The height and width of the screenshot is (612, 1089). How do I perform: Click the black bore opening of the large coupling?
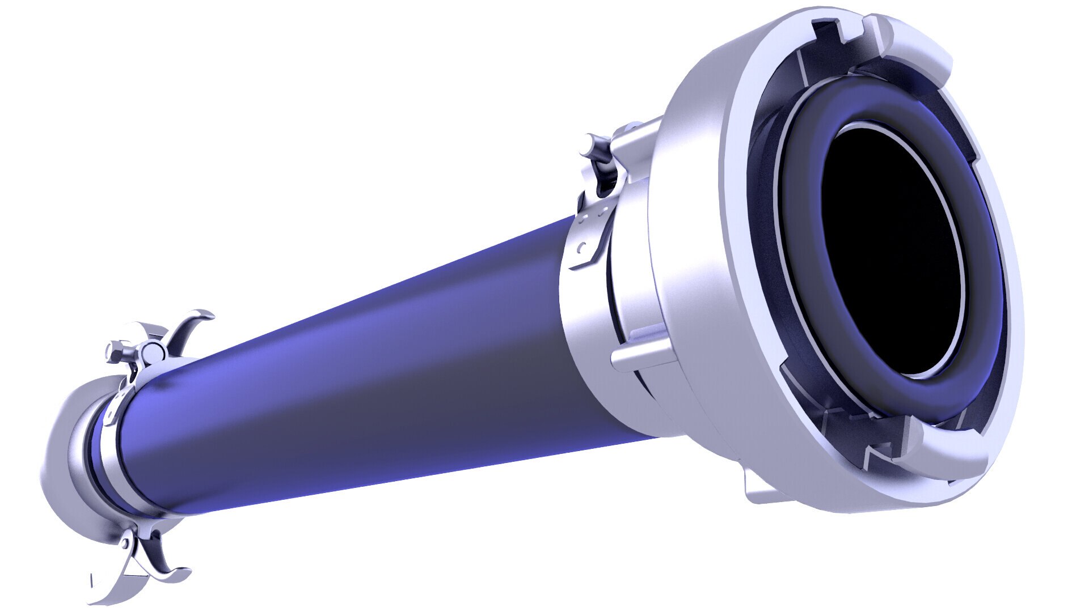[x=890, y=249]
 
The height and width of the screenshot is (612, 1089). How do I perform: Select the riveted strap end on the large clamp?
[x=590, y=238]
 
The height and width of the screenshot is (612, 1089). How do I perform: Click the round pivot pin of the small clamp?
[x=152, y=352]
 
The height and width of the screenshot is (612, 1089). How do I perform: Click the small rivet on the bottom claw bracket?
[x=125, y=543]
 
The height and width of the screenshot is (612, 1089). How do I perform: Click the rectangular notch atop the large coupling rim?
[x=828, y=31]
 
